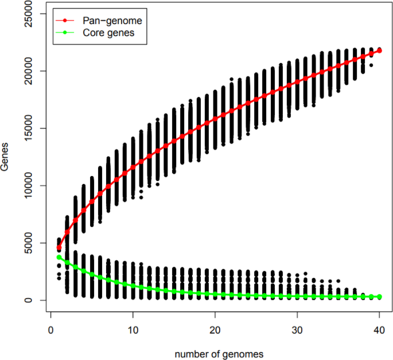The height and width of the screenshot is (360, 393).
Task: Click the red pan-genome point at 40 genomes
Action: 379,51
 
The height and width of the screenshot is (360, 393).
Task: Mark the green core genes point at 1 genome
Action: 59,257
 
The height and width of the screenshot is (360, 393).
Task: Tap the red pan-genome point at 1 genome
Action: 59,248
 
